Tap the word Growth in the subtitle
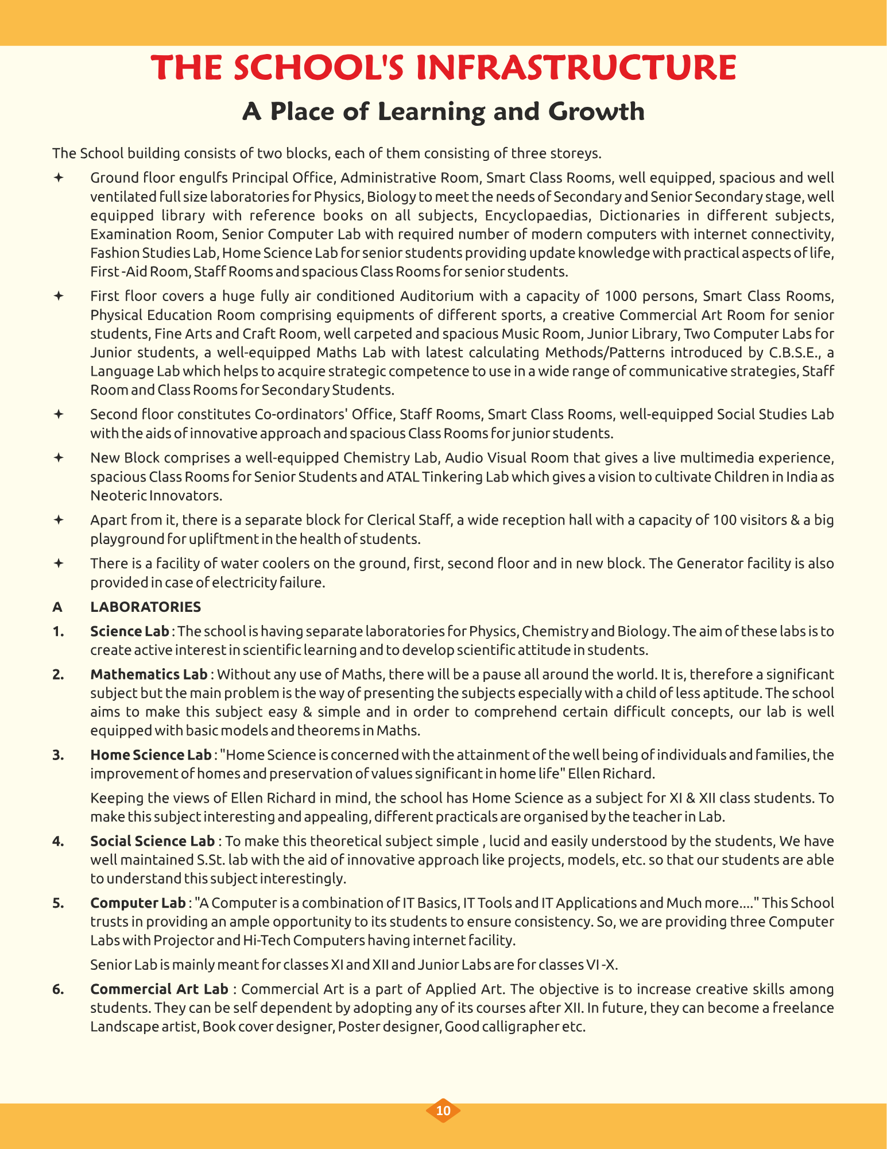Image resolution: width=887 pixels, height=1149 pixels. [x=597, y=111]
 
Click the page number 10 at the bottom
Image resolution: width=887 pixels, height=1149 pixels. [x=443, y=1110]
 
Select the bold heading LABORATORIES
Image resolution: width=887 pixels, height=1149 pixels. [x=145, y=607]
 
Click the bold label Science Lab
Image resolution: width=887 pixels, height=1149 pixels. [x=129, y=631]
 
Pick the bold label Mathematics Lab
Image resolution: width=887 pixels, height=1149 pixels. [x=149, y=674]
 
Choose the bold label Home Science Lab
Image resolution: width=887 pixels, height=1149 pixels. [x=150, y=755]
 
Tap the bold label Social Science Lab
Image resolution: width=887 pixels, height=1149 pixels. [x=152, y=841]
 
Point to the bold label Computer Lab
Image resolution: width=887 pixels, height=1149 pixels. [x=138, y=903]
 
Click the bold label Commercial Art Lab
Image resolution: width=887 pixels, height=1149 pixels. [x=159, y=989]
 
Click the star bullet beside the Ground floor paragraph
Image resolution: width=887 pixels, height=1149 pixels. [x=58, y=178]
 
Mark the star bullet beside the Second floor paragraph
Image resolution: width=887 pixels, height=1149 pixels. [x=58, y=414]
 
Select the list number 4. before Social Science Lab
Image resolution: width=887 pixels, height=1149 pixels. [x=57, y=841]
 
